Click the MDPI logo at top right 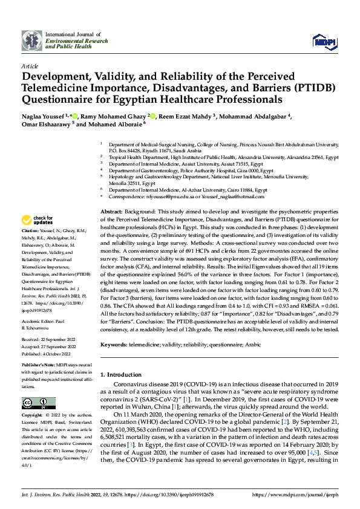[324, 41]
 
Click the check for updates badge [38, 220]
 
